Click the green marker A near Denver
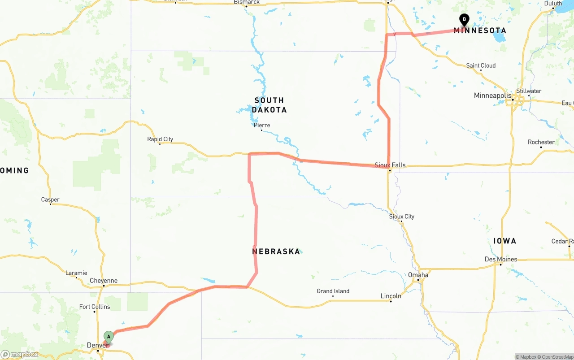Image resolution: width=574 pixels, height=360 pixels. point(109,337)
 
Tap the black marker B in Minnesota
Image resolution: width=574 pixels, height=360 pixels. point(464,20)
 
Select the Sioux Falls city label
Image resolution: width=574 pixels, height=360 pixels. point(390,165)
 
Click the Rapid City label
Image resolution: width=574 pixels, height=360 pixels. point(160,139)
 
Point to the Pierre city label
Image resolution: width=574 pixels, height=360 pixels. point(262,125)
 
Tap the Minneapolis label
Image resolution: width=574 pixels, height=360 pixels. point(492,95)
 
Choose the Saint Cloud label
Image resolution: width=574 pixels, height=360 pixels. point(481,65)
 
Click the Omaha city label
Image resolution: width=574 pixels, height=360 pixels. point(418,275)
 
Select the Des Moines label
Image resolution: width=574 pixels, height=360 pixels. point(501,259)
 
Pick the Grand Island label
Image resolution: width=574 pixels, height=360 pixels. point(333,291)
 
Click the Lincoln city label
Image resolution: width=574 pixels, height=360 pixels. point(391,296)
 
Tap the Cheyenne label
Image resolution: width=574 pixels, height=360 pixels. point(104,281)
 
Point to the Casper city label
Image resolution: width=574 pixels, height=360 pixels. point(50,200)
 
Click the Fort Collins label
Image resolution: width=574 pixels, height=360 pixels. point(95,307)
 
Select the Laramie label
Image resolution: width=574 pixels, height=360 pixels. point(76,273)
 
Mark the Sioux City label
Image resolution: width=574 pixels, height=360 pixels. point(402,217)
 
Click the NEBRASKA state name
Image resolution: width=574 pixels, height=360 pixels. point(276,252)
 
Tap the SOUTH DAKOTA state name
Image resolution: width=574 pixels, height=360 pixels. point(269,105)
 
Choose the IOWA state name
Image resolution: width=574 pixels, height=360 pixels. point(505,241)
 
